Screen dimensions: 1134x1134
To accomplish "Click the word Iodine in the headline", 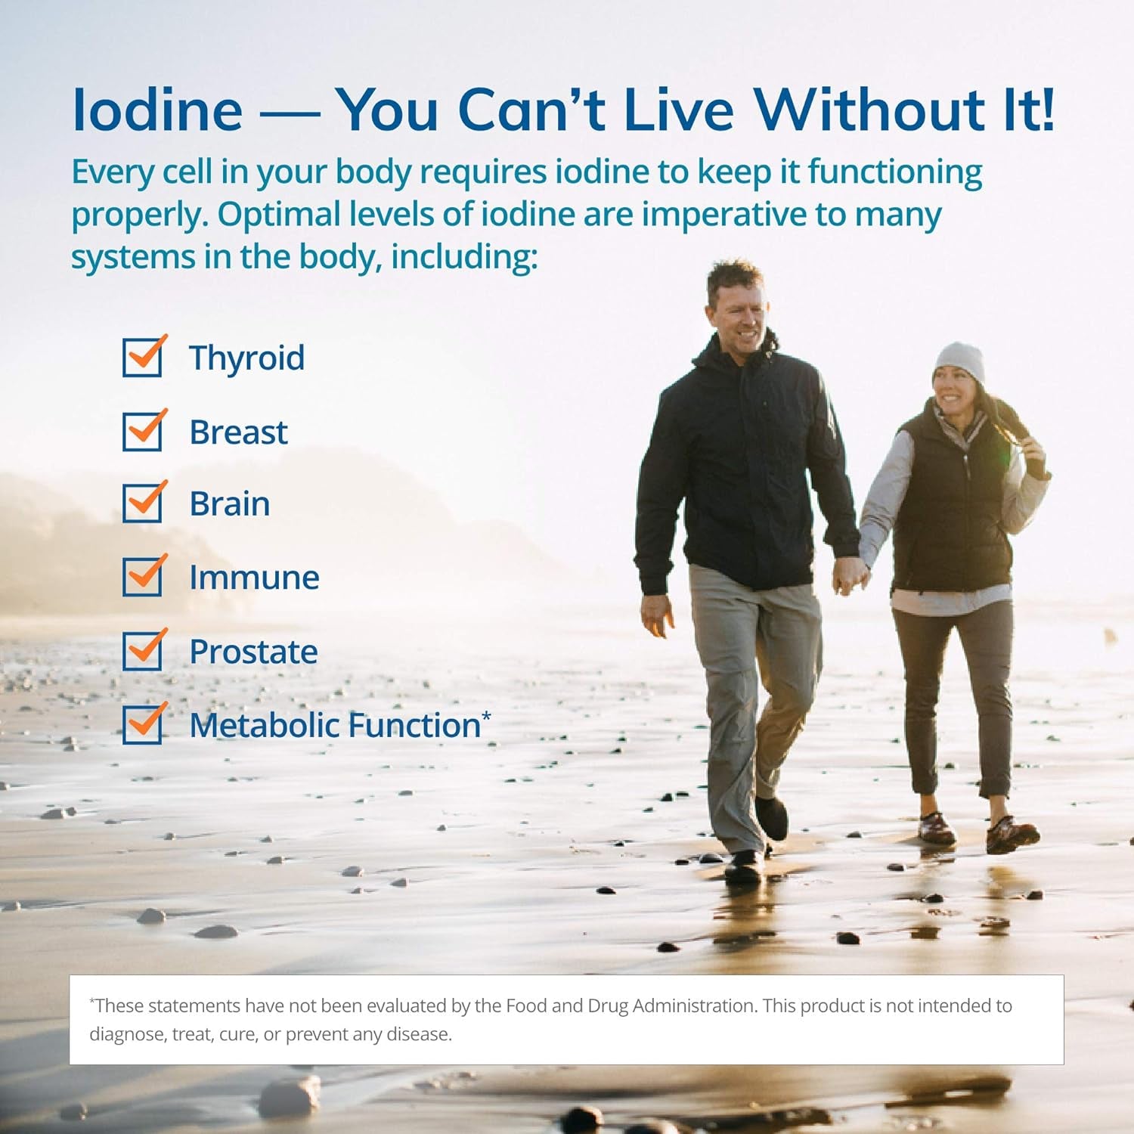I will click(157, 110).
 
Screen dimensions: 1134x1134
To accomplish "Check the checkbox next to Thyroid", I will click(142, 358).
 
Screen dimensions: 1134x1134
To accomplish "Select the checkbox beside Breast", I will click(142, 431).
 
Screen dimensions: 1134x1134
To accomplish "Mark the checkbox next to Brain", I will click(142, 503).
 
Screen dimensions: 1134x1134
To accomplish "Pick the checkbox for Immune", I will click(142, 577).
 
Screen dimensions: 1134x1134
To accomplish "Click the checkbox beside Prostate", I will click(142, 651).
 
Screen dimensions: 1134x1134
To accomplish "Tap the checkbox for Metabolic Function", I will click(142, 724).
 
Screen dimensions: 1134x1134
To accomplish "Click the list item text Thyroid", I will click(246, 358).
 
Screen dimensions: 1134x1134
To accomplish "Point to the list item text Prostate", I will click(253, 652).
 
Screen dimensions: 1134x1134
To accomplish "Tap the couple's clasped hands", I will click(850, 576).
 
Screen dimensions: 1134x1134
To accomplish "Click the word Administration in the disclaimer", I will click(694, 1006).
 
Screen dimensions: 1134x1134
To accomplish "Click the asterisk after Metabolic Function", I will click(486, 715).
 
